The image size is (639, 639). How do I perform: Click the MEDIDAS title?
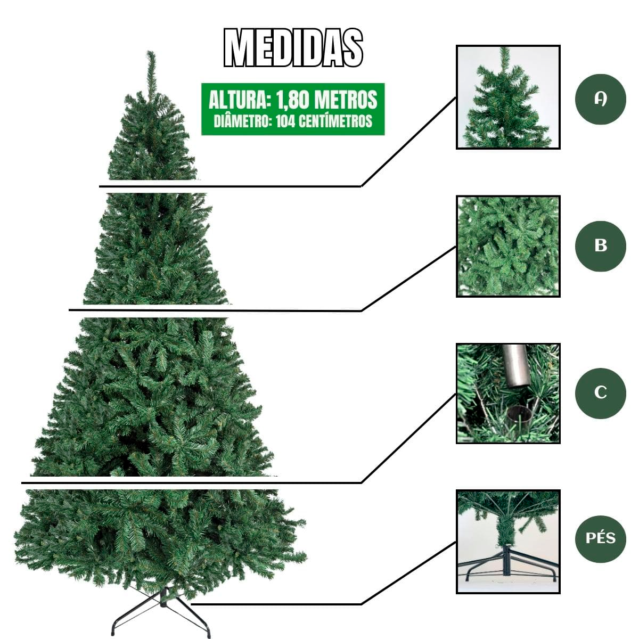(293, 48)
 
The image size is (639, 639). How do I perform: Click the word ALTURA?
(239, 100)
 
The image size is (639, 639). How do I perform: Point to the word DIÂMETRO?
(243, 121)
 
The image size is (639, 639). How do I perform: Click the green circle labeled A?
(601, 99)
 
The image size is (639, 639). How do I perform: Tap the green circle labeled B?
(601, 245)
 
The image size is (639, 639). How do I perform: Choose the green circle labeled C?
(601, 392)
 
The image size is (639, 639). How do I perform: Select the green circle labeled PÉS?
(601, 538)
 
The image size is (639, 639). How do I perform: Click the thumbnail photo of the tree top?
(508, 97)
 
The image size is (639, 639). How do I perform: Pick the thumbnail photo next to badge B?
(508, 246)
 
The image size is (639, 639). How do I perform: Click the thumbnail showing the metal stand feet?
(508, 542)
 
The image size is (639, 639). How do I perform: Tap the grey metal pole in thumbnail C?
(515, 365)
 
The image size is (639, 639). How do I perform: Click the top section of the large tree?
(152, 138)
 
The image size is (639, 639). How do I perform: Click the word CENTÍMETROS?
(335, 121)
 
